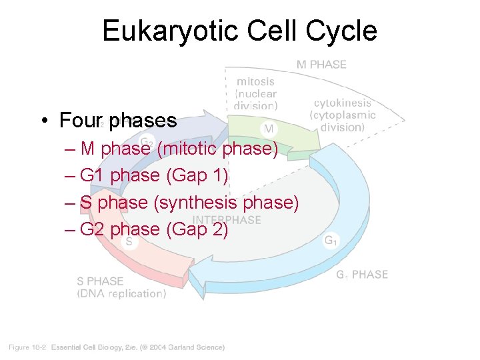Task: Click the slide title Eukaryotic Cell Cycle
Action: point(239,31)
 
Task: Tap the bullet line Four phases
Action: point(118,121)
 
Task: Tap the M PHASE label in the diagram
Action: point(321,65)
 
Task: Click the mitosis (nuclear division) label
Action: point(255,93)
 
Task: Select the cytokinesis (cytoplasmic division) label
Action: point(343,115)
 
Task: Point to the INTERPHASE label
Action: point(227,220)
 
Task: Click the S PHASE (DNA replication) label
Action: point(120,287)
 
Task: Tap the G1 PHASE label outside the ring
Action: point(361,275)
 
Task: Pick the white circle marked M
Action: point(269,127)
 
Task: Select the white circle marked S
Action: point(129,242)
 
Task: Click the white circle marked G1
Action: point(330,241)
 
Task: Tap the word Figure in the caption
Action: point(19,347)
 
